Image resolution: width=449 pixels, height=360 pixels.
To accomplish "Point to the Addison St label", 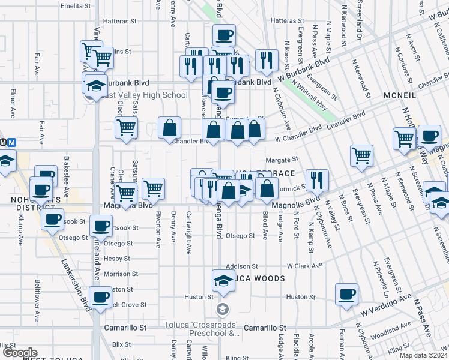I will tap(241, 266).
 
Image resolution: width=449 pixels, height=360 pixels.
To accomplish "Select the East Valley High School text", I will tap(144, 95).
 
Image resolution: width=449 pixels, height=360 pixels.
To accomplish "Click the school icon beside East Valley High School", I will tap(96, 85).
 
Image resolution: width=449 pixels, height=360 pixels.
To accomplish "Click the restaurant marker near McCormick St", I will tap(316, 179).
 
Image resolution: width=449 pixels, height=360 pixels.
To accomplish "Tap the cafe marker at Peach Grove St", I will tap(100, 296).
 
